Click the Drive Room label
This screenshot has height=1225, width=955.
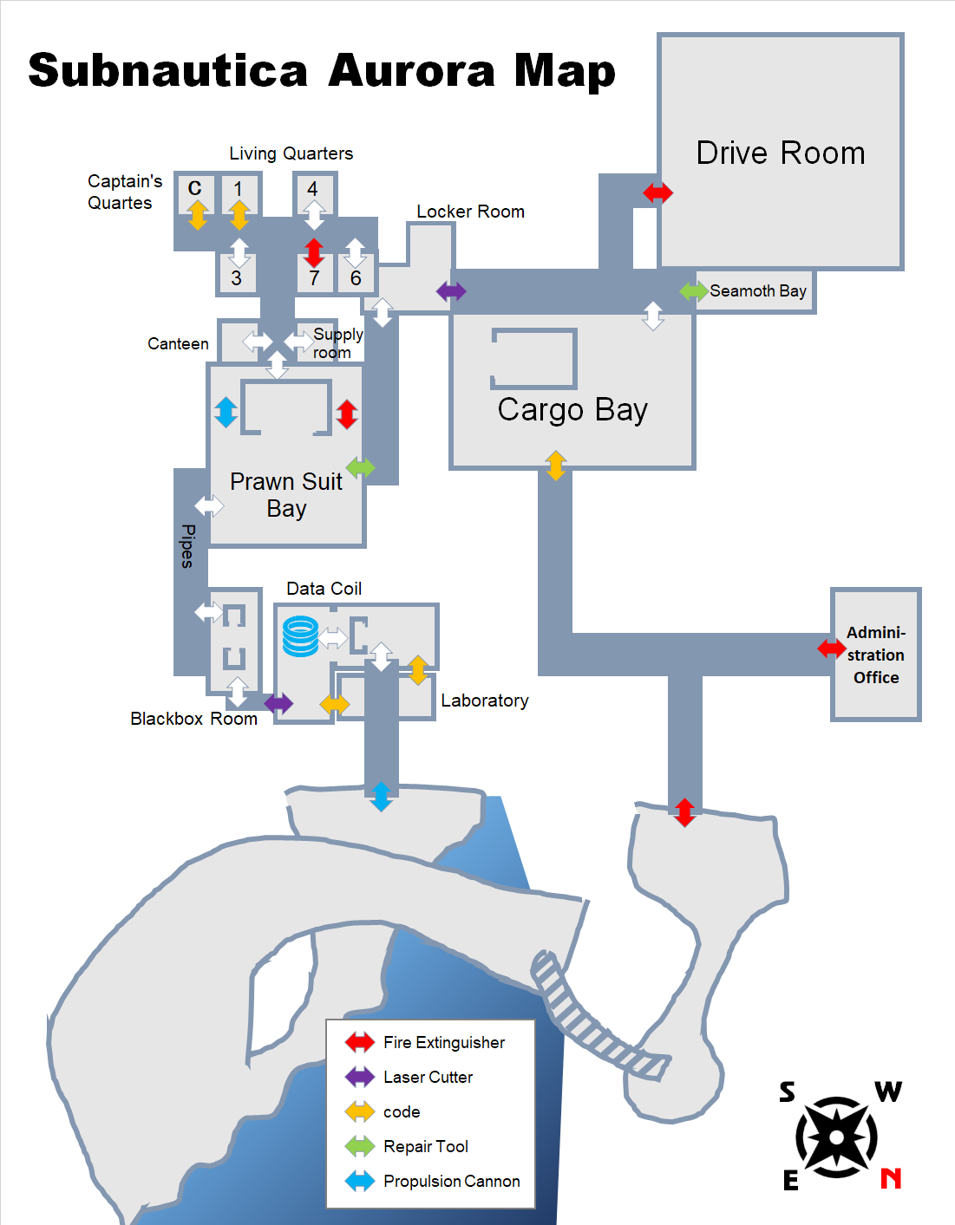click(781, 153)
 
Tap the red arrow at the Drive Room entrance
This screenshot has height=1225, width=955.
click(658, 192)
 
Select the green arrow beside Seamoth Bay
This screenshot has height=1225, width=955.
click(694, 291)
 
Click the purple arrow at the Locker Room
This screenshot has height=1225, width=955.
click(451, 291)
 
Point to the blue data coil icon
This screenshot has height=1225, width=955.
click(300, 636)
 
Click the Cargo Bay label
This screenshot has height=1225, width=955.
click(572, 409)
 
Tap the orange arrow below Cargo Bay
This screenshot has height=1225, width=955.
click(556, 466)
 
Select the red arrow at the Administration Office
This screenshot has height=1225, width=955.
click(832, 648)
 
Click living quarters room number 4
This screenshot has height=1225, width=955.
click(312, 189)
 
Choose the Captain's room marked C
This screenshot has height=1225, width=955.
click(195, 188)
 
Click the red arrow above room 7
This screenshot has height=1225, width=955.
click(314, 252)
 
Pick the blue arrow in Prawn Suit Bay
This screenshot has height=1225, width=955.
click(226, 412)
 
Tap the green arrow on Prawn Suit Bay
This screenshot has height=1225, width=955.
click(361, 468)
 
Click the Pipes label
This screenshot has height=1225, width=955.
click(187, 545)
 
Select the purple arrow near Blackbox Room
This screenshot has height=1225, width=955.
click(278, 703)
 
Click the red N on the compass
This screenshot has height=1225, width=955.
click(891, 1178)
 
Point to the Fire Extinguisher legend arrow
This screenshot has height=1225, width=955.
click(360, 1042)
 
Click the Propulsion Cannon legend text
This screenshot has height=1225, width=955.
click(451, 1181)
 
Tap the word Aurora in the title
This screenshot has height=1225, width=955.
click(411, 71)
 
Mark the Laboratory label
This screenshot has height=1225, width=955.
click(484, 700)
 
